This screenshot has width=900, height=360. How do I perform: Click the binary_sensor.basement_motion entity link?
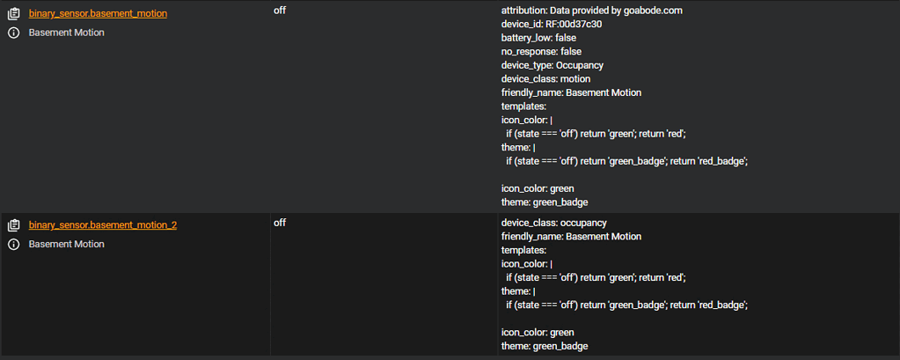click(x=98, y=14)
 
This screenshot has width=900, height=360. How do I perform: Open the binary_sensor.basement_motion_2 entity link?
click(x=102, y=225)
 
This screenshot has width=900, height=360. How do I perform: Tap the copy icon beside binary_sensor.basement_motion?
click(x=13, y=14)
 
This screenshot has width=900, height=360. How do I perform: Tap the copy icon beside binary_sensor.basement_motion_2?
click(x=13, y=225)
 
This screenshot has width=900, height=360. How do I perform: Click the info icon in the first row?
click(x=13, y=33)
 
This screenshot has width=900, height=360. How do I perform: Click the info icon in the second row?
click(x=13, y=244)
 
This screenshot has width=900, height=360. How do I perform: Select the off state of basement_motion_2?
click(x=280, y=223)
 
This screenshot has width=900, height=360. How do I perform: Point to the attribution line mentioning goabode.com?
click(x=591, y=11)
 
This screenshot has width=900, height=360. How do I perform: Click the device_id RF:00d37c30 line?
click(x=552, y=24)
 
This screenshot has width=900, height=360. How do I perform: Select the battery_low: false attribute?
click(x=538, y=38)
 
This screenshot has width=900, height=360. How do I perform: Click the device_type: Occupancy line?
click(x=552, y=65)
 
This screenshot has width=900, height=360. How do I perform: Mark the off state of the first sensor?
click(x=280, y=11)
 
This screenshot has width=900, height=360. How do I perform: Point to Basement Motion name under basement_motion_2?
click(x=66, y=244)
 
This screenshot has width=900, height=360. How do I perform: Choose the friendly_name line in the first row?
click(x=571, y=92)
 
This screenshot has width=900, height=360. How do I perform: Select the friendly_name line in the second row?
click(x=571, y=237)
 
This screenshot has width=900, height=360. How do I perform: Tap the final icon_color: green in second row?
click(x=538, y=333)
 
